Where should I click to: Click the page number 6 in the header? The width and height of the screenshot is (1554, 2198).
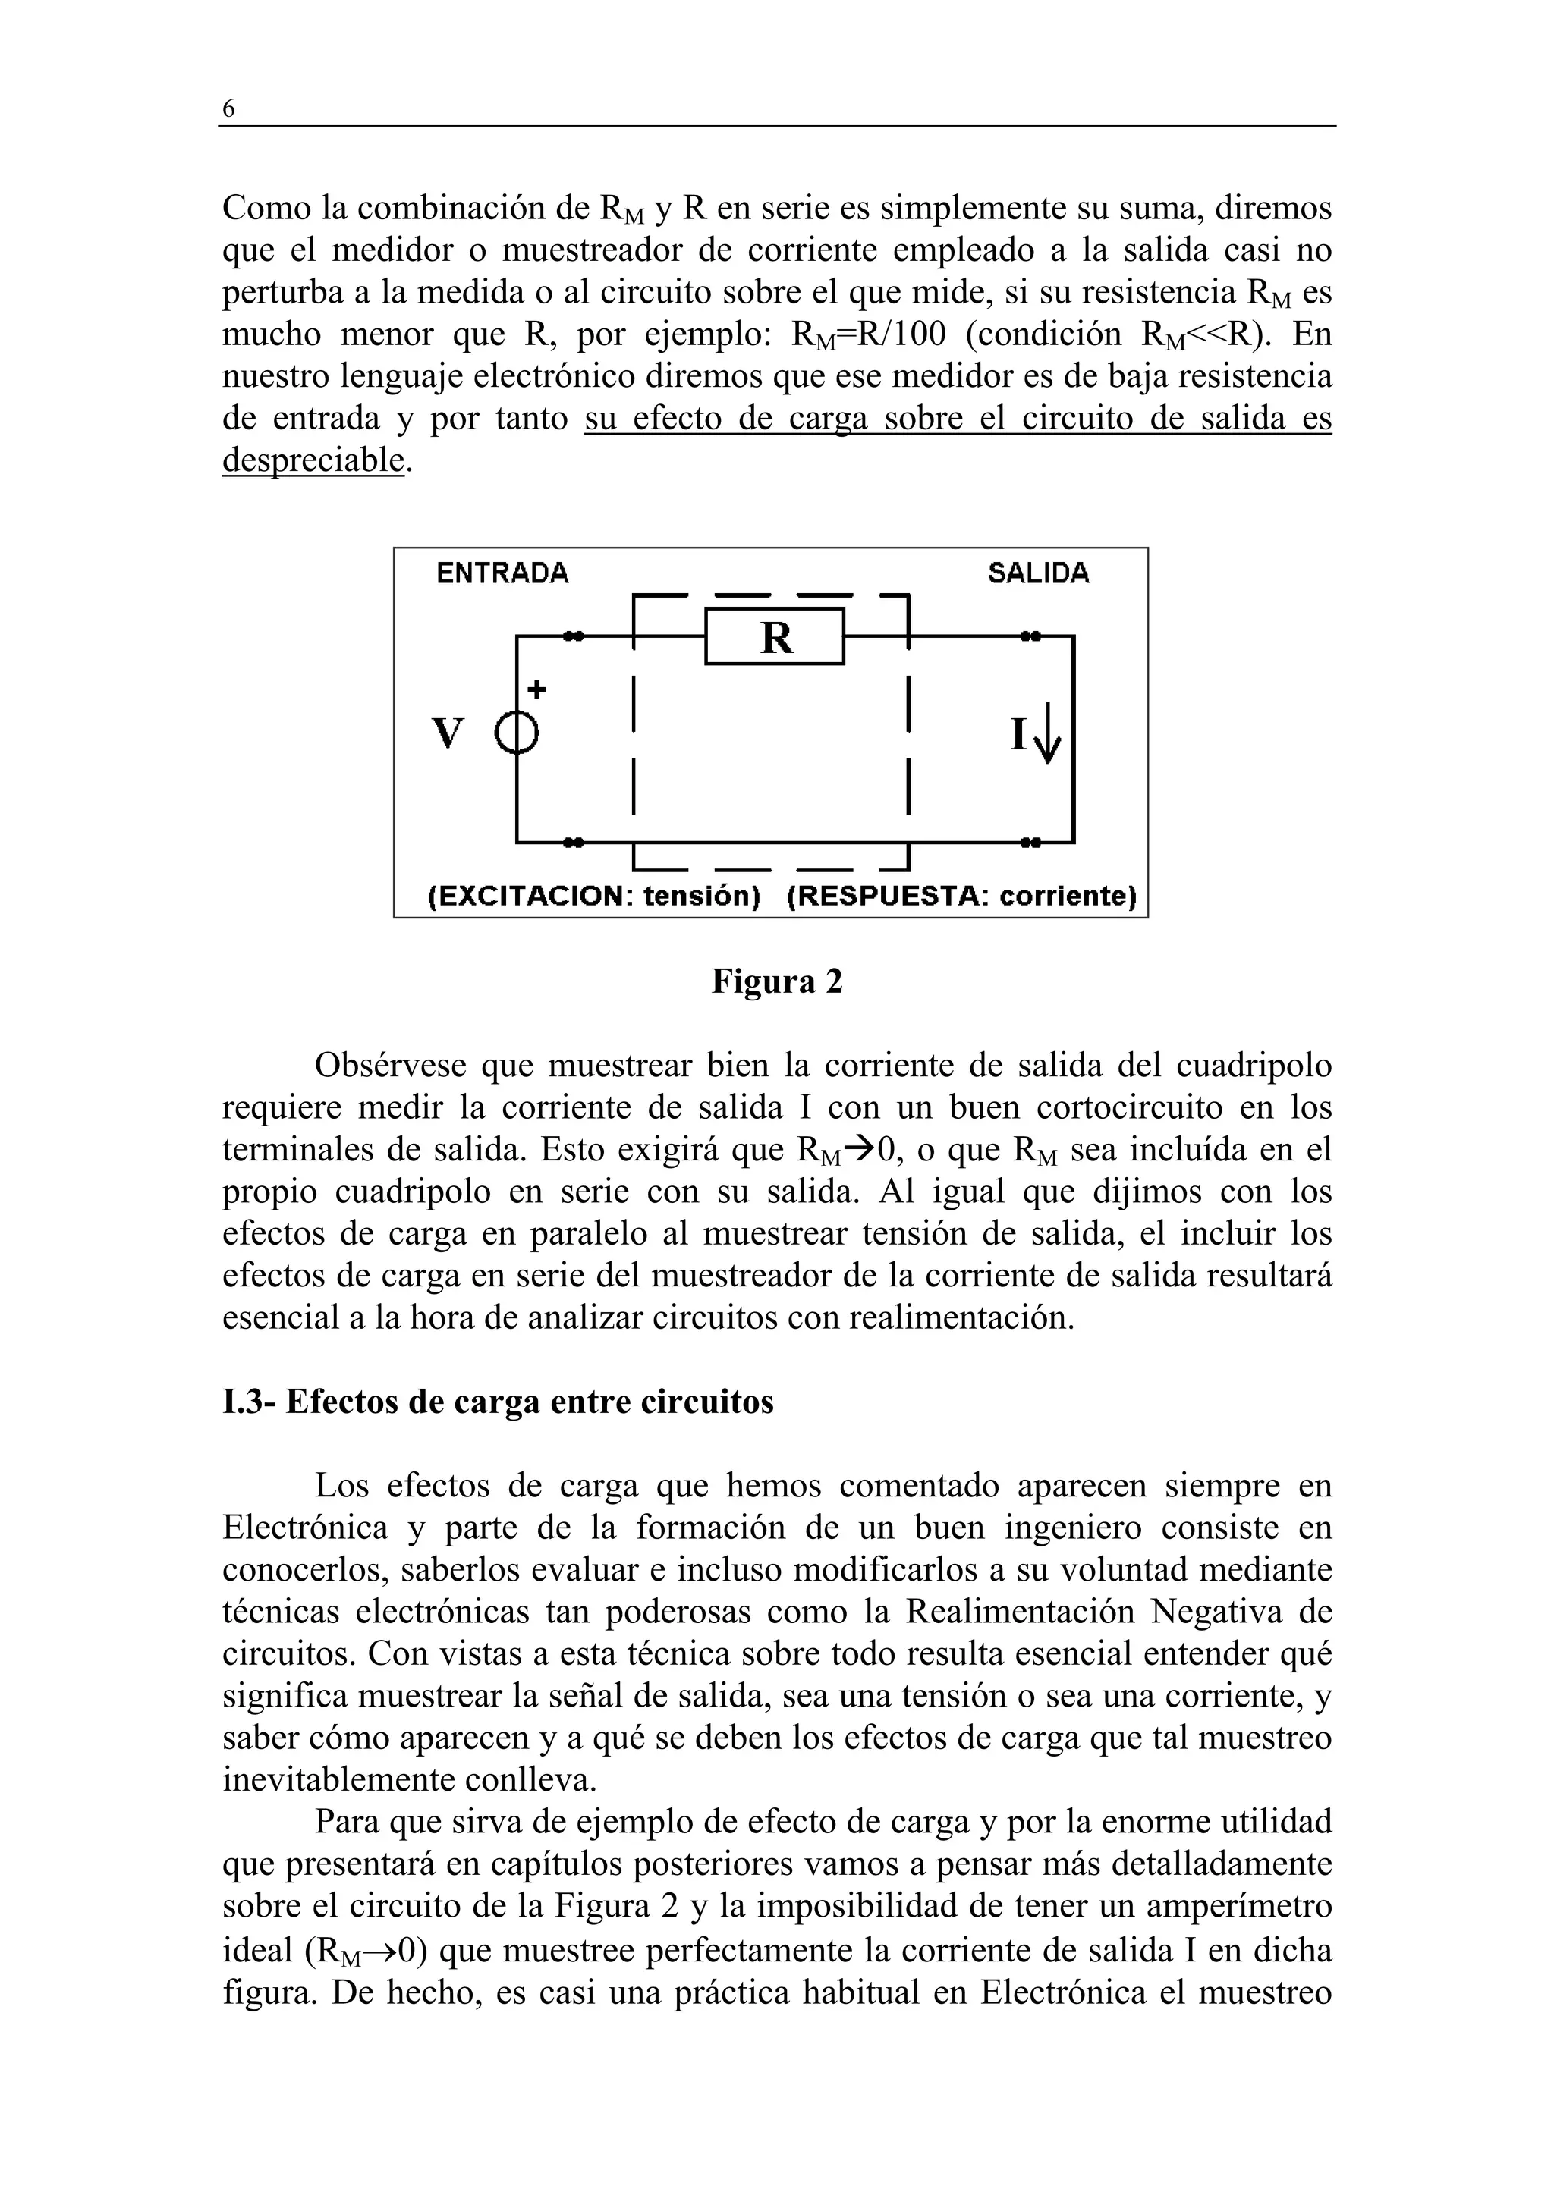228,109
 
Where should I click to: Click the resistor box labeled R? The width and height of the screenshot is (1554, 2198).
775,636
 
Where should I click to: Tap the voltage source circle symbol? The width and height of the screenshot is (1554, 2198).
517,735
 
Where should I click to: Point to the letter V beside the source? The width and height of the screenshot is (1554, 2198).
448,735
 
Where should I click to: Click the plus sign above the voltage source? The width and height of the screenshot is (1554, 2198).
537,689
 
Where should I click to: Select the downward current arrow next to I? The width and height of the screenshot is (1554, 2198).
1049,733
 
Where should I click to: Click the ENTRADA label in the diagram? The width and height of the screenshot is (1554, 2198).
502,573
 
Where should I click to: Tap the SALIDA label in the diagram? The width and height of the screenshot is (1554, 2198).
1038,573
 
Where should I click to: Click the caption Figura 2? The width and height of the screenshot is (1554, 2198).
776,981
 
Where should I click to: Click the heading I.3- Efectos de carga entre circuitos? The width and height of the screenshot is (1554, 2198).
498,1402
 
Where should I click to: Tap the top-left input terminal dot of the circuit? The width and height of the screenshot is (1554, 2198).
573,636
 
